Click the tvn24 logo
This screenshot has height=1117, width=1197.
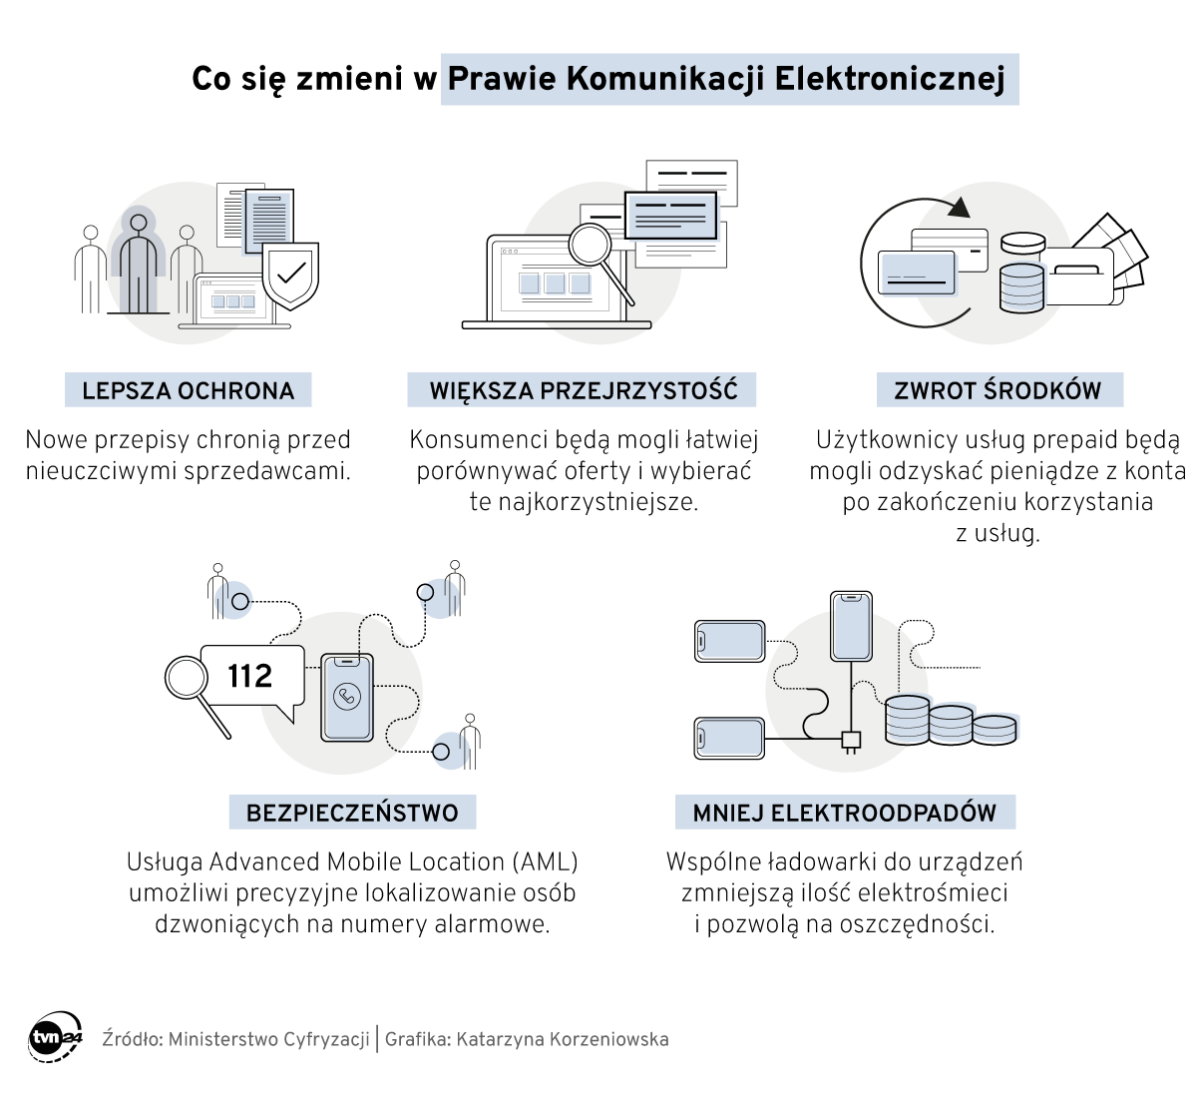click(x=55, y=1038)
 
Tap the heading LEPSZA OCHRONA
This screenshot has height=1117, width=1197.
click(x=188, y=390)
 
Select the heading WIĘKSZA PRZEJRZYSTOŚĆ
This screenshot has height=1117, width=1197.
click(x=583, y=390)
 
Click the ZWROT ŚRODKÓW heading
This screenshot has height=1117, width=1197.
click(x=998, y=390)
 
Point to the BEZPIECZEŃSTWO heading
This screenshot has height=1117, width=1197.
click(x=352, y=813)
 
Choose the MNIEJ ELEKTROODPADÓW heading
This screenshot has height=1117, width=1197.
click(x=844, y=813)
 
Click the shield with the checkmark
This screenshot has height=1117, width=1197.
click(x=290, y=274)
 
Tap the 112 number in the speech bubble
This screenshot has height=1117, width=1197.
click(x=249, y=677)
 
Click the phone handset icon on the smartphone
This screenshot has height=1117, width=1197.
click(x=346, y=697)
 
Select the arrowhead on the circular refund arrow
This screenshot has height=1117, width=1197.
click(x=960, y=208)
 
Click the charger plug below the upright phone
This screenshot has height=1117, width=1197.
click(x=851, y=741)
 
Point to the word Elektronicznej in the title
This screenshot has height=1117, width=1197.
click(x=890, y=79)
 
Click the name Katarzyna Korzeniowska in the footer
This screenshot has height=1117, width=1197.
click(x=563, y=1039)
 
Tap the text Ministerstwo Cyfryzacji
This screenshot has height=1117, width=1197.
click(x=268, y=1039)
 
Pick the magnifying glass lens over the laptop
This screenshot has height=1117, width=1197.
click(x=590, y=243)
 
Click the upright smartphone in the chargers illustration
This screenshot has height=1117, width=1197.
click(x=851, y=625)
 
